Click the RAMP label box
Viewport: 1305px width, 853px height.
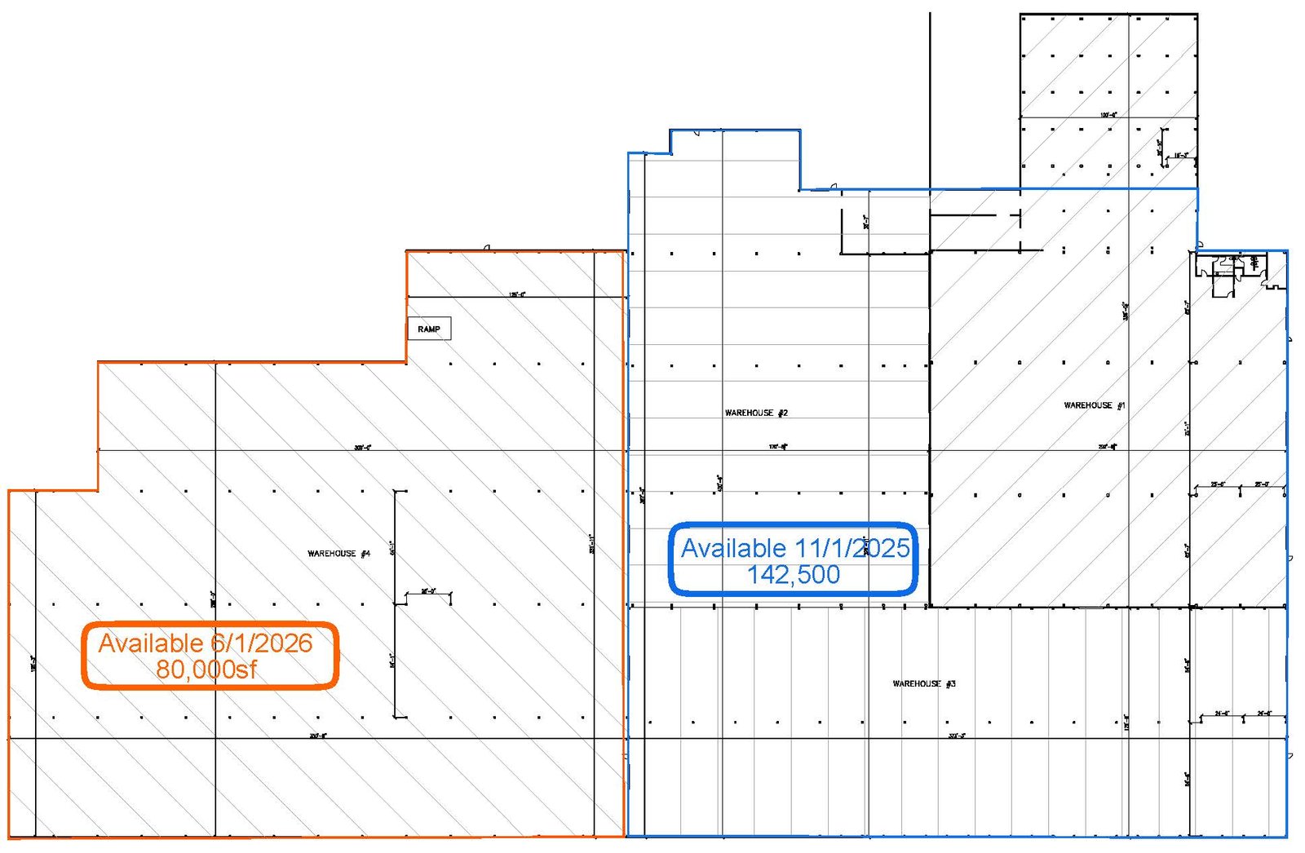pos(429,329)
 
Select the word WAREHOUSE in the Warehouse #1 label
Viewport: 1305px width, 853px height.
pos(1088,405)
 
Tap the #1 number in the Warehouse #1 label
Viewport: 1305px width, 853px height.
pos(1121,405)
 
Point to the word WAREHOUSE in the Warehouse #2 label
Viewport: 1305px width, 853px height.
pos(749,413)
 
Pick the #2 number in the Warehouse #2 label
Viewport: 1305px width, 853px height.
pos(782,413)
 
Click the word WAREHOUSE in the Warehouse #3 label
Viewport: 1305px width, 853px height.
pos(917,683)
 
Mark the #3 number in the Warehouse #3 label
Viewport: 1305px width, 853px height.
pos(950,683)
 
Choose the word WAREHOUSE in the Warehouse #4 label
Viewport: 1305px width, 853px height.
pos(331,554)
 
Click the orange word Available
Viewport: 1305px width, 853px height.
pos(151,643)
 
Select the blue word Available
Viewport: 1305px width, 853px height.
pos(733,548)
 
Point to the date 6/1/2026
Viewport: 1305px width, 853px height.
pos(261,643)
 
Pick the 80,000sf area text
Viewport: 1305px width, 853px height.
pos(206,670)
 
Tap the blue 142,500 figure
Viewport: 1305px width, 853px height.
pos(794,575)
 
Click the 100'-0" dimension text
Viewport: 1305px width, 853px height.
pos(1108,115)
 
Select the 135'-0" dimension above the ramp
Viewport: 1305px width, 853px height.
pos(517,294)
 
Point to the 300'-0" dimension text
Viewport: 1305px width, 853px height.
pos(362,448)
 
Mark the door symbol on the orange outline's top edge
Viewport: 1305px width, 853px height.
pos(486,248)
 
